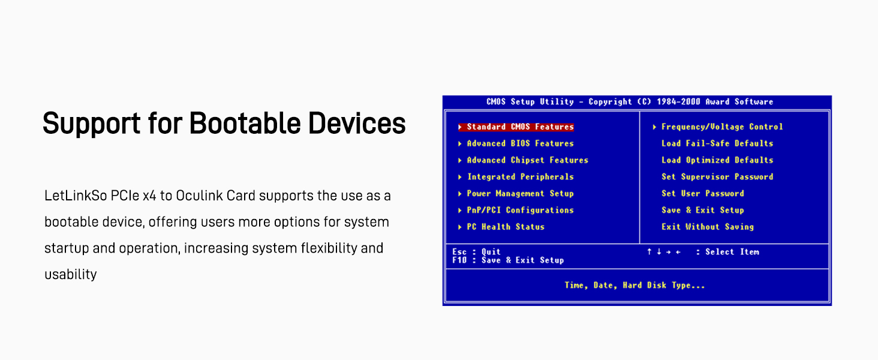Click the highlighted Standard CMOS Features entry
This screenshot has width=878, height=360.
[x=520, y=127]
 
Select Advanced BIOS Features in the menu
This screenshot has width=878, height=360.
[x=520, y=143]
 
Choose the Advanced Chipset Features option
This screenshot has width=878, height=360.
[x=528, y=160]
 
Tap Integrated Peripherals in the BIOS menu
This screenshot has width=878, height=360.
[x=520, y=177]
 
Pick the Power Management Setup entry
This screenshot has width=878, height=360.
[x=520, y=193]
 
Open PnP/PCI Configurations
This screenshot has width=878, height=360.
[x=520, y=210]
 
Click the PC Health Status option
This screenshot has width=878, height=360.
[x=506, y=227]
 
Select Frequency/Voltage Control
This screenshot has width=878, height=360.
[x=722, y=127]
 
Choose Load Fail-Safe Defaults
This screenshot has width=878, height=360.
[x=717, y=143]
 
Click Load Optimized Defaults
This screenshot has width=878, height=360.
[x=717, y=160]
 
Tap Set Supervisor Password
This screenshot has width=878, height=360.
[x=717, y=177]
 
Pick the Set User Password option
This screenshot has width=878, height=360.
[x=703, y=193]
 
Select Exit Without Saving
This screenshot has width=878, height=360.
[x=708, y=227]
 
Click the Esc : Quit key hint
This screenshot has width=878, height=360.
[x=476, y=252]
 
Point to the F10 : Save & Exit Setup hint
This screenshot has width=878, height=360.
[x=508, y=260]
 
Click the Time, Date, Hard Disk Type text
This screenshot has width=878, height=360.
[x=635, y=285]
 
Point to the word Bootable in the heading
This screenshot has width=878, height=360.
[x=245, y=123]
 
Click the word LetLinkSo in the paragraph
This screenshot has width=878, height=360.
[x=76, y=195]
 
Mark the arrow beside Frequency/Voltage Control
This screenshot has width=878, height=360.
[x=654, y=127]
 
